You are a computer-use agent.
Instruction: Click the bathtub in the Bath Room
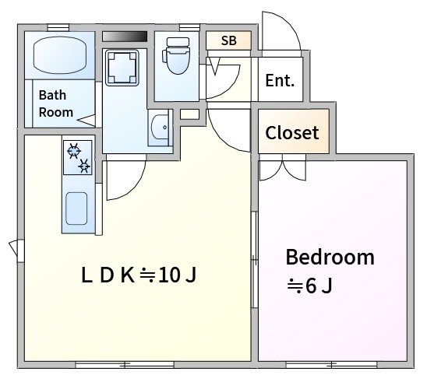click(x=60, y=55)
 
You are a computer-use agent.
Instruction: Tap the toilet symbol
click(x=176, y=56)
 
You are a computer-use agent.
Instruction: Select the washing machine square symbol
click(x=122, y=68)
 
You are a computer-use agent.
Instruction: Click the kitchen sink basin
click(x=76, y=209)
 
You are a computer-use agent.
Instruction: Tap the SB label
click(x=229, y=40)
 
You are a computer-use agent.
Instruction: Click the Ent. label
click(x=280, y=80)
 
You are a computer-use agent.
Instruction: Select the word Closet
click(x=292, y=133)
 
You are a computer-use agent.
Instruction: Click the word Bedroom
click(x=330, y=257)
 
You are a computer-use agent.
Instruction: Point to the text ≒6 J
click(x=310, y=286)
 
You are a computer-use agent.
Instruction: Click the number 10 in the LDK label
click(x=170, y=275)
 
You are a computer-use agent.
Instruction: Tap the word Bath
click(x=52, y=95)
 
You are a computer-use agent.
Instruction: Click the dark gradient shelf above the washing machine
click(x=125, y=37)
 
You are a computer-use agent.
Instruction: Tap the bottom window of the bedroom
click(x=331, y=364)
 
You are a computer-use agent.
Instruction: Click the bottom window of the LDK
click(x=125, y=364)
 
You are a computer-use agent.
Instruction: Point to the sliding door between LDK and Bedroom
click(x=254, y=260)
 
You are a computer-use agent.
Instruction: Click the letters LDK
click(x=108, y=275)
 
